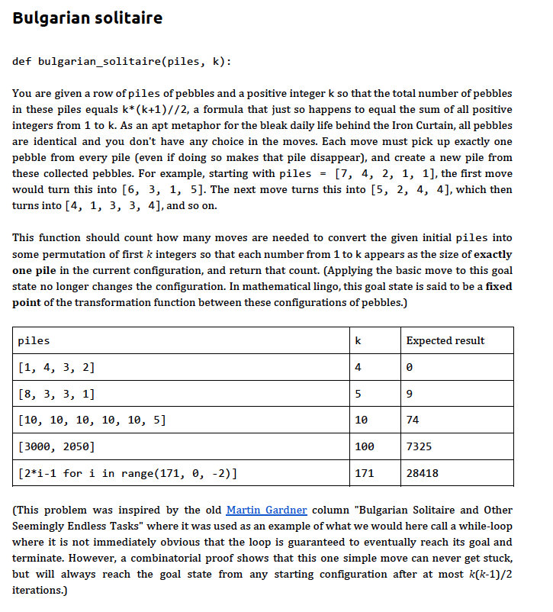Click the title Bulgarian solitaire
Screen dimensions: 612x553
[x=87, y=18]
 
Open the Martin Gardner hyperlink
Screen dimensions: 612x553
[x=266, y=510]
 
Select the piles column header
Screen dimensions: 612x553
[x=34, y=340]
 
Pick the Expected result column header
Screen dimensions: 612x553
[x=445, y=340]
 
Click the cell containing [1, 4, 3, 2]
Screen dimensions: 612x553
[x=56, y=367]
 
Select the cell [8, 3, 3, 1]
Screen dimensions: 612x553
[x=56, y=394]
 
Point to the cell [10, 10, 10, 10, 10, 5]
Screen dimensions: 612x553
[x=91, y=420]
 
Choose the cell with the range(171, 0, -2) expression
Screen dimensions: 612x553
[x=126, y=473]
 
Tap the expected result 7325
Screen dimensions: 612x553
[x=419, y=446]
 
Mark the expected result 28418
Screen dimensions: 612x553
[x=422, y=473]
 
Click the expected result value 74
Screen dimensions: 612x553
[x=413, y=420]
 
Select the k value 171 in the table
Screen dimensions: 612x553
[x=364, y=473]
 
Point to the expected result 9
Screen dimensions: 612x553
[x=410, y=394]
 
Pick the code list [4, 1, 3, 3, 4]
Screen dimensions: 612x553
[x=113, y=205]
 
